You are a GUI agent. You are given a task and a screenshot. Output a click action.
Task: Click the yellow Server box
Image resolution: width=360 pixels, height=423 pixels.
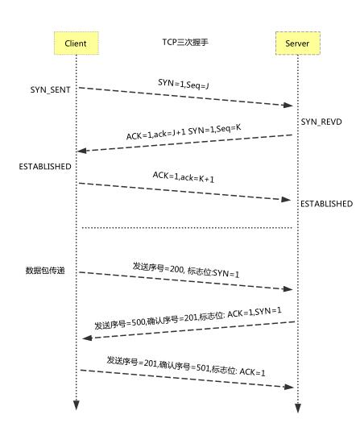pyautogui.click(x=296, y=42)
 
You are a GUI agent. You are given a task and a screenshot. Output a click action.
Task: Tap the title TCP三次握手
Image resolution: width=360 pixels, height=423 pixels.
pyautogui.click(x=184, y=39)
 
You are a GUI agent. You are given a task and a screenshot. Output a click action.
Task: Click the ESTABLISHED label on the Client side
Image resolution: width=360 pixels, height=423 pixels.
pyautogui.click(x=45, y=166)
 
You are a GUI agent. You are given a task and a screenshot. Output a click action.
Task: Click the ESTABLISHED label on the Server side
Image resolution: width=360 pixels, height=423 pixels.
pyautogui.click(x=325, y=204)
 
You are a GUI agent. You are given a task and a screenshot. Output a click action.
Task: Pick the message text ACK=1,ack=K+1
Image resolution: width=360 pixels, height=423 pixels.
pyautogui.click(x=183, y=176)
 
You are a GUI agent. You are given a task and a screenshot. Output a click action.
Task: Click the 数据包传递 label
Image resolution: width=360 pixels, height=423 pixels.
pyautogui.click(x=49, y=272)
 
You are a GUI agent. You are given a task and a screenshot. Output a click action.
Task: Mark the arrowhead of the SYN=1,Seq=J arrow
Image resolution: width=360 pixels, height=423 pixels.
pyautogui.click(x=288, y=106)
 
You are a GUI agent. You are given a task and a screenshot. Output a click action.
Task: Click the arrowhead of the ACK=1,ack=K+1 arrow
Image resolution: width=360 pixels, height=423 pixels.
pyautogui.click(x=288, y=199)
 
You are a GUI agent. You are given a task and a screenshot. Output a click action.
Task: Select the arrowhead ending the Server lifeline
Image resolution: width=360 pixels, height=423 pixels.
pyautogui.click(x=296, y=408)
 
